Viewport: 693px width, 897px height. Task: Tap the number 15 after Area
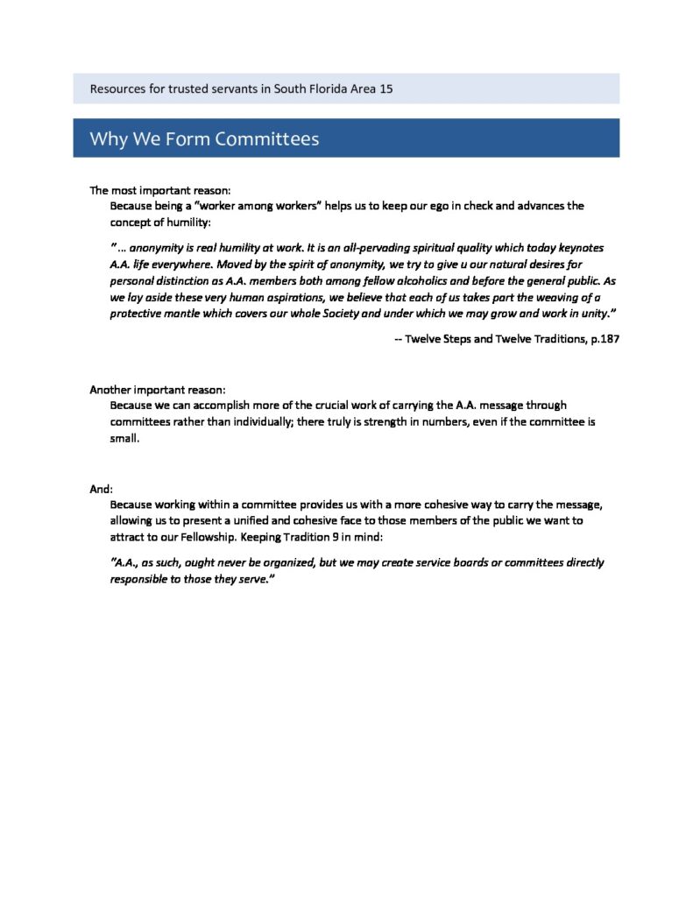pos(385,89)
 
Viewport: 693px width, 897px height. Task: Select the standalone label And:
pos(102,489)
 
